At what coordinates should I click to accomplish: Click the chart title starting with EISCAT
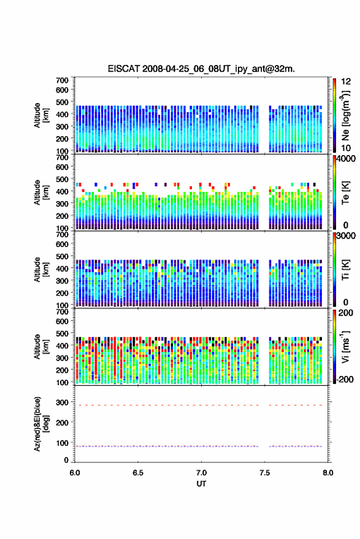pyautogui.click(x=201, y=69)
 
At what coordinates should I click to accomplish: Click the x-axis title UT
pyautogui.click(x=201, y=484)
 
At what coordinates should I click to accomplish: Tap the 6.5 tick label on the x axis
pyautogui.click(x=138, y=473)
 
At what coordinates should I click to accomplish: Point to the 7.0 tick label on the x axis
pyautogui.click(x=201, y=473)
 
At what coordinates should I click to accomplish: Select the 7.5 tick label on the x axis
pyautogui.click(x=264, y=473)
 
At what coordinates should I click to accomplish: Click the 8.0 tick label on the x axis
pyautogui.click(x=327, y=473)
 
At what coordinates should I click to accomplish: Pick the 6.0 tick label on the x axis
pyautogui.click(x=75, y=473)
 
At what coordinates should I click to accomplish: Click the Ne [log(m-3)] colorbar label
pyautogui.click(x=345, y=115)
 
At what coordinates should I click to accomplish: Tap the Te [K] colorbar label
pyautogui.click(x=345, y=193)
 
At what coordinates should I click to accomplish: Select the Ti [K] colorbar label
pyautogui.click(x=345, y=270)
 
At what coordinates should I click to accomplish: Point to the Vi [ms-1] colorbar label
pyautogui.click(x=345, y=347)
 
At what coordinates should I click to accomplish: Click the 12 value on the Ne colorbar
pyautogui.click(x=346, y=82)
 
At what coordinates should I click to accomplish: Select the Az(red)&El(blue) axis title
pyautogui.click(x=41, y=424)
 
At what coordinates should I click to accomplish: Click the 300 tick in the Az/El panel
pyautogui.click(x=62, y=402)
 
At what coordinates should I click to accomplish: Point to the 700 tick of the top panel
pyautogui.click(x=62, y=80)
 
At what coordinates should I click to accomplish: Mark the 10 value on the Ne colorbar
pyautogui.click(x=346, y=148)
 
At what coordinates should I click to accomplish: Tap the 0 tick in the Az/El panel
pyautogui.click(x=66, y=460)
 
